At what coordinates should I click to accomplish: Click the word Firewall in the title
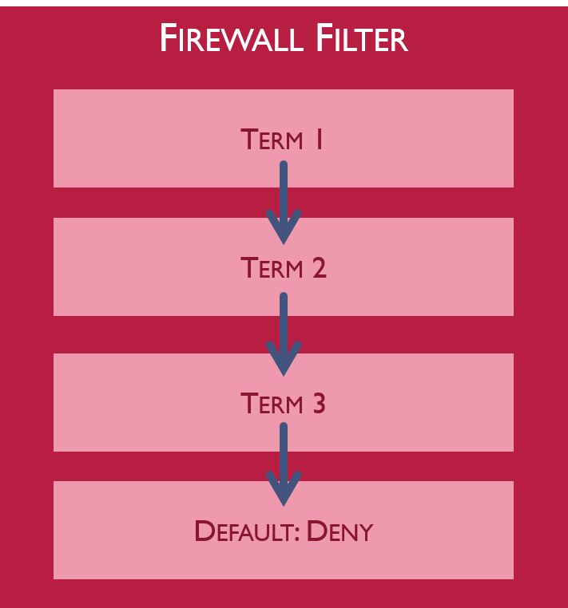pyautogui.click(x=226, y=39)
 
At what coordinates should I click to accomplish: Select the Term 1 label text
pyautogui.click(x=283, y=140)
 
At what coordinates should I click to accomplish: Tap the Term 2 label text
pyautogui.click(x=283, y=268)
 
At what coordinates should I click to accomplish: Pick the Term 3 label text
pyautogui.click(x=283, y=404)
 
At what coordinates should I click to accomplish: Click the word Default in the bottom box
pyautogui.click(x=244, y=531)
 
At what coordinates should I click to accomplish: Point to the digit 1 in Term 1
pyautogui.click(x=318, y=140)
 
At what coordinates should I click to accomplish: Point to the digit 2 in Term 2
pyautogui.click(x=318, y=268)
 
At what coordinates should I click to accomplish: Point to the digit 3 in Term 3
pyautogui.click(x=318, y=404)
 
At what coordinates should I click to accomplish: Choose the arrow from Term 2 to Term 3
pyautogui.click(x=283, y=331)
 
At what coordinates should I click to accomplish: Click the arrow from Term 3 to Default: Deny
pyautogui.click(x=283, y=463)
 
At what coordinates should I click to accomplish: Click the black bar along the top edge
pyautogui.click(x=284, y=2)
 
